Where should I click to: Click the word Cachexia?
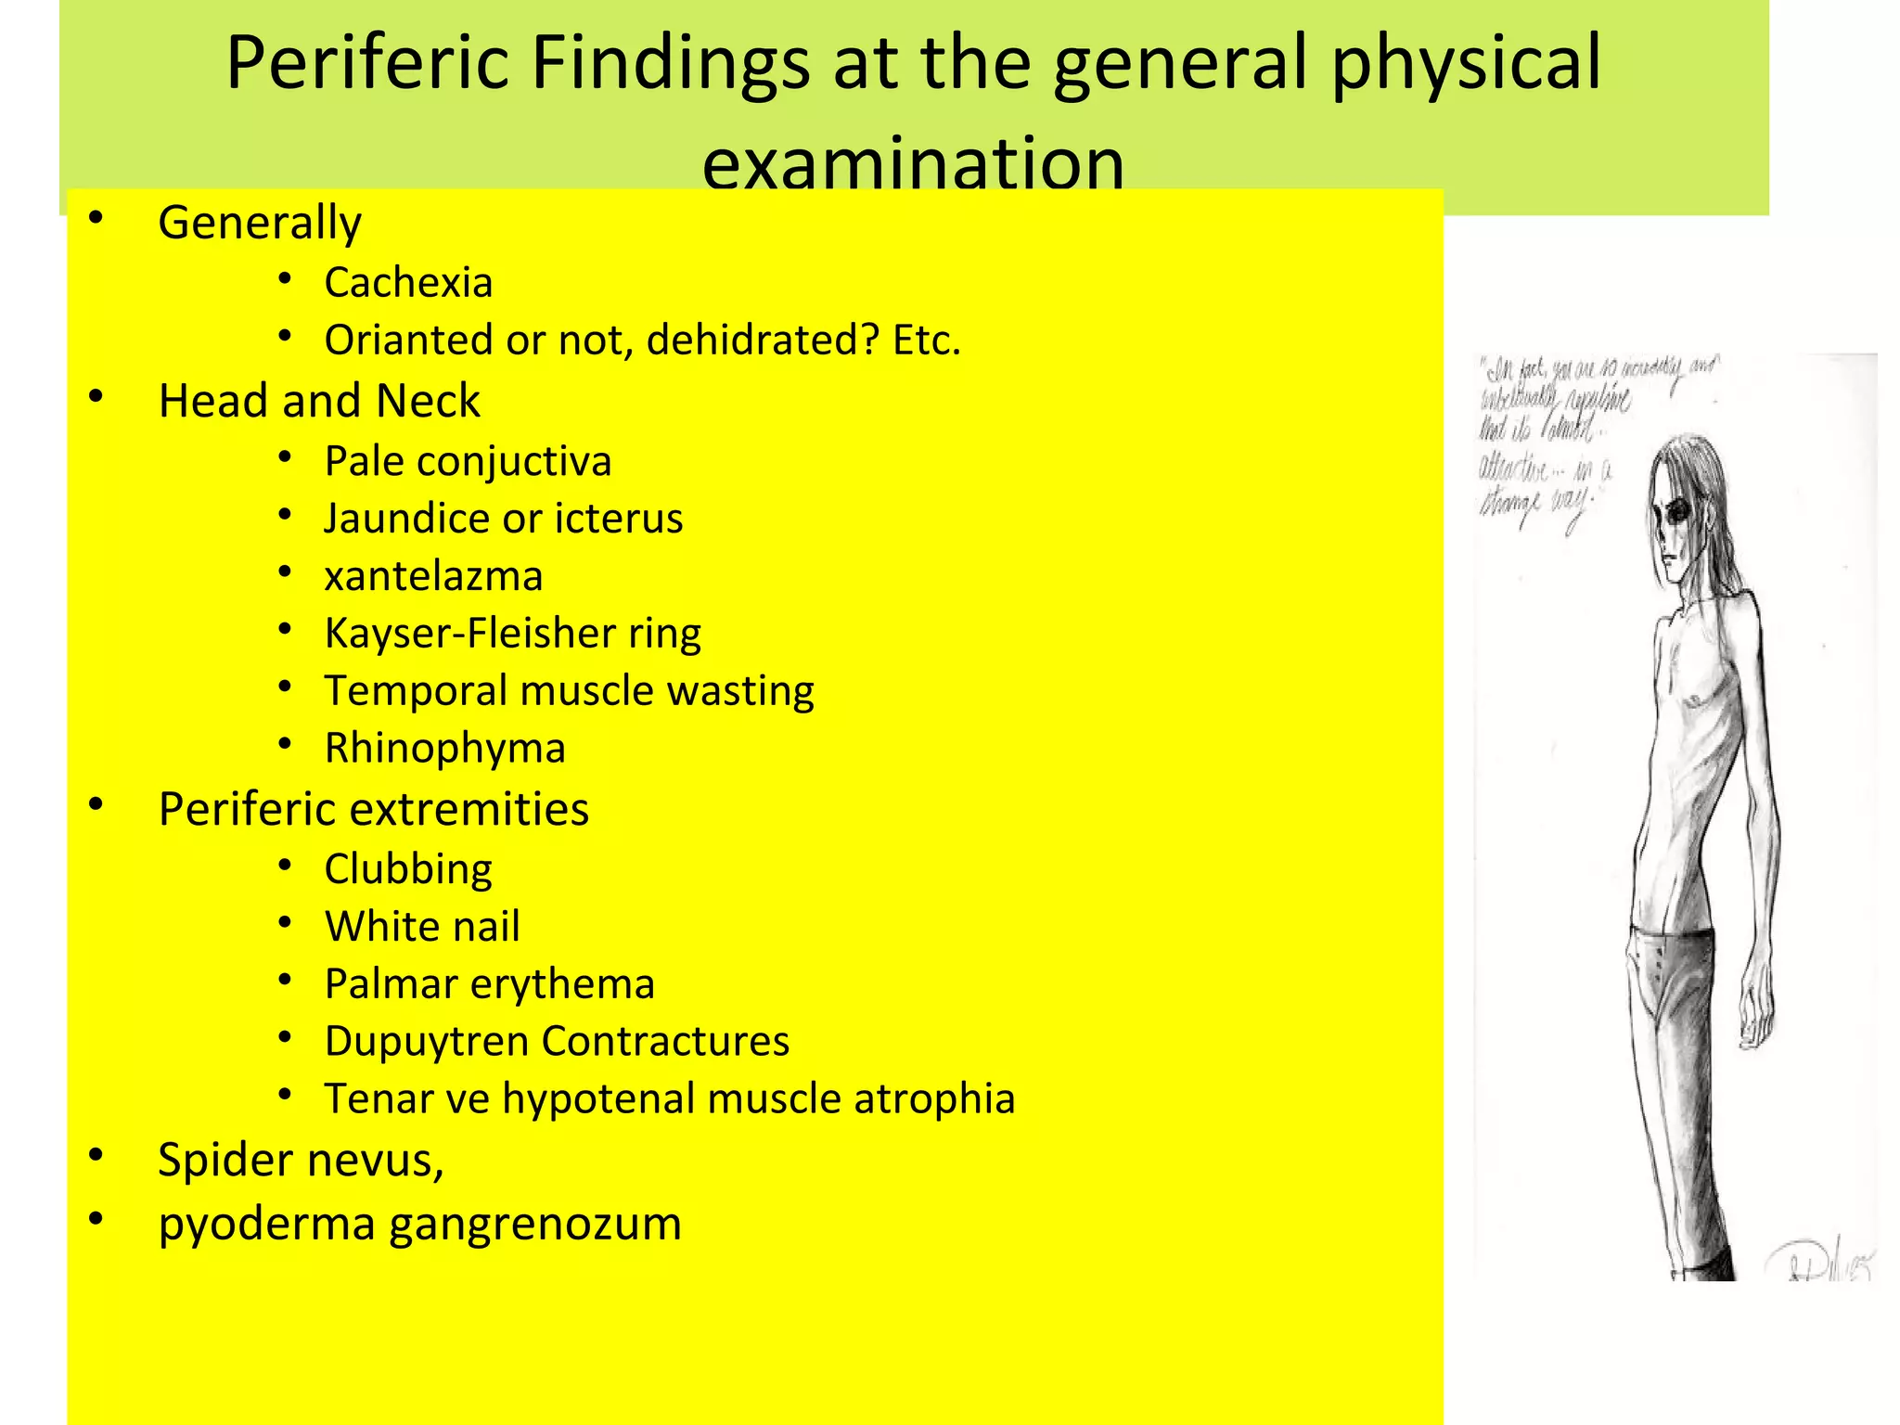click(408, 282)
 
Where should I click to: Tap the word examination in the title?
click(913, 163)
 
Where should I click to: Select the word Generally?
click(260, 224)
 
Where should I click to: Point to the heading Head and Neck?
click(319, 401)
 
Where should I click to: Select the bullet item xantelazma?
click(433, 576)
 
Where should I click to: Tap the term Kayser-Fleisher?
click(469, 634)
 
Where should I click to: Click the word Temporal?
click(415, 691)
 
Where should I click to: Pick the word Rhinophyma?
click(445, 749)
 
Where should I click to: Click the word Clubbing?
click(408, 870)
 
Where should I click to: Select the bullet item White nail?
click(422, 927)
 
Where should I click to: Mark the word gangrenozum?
click(535, 1224)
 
